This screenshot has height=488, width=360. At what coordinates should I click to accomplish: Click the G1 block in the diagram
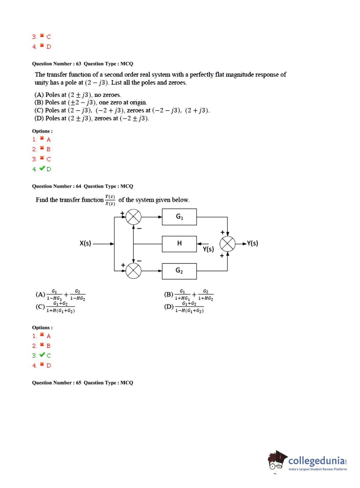coord(179,217)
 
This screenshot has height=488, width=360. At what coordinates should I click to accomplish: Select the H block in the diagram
coord(179,244)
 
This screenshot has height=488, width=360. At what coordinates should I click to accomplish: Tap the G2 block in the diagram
coord(179,271)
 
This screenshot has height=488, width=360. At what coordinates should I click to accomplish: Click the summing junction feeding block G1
coord(133,217)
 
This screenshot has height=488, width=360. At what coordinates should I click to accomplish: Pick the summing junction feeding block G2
coord(133,271)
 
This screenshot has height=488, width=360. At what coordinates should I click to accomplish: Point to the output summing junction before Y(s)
coord(227,244)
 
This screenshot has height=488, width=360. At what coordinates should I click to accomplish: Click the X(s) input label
coord(85,243)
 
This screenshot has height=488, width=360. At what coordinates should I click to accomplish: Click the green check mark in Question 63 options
coord(42,168)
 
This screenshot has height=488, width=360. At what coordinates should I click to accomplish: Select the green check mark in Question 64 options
coord(42,355)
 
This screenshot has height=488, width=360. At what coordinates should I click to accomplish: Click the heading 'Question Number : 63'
coord(56,64)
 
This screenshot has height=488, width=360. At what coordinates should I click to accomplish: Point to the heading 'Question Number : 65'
coord(56,383)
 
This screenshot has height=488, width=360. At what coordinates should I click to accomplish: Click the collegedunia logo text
coord(316,460)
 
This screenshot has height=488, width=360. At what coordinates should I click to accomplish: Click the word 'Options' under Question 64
coord(42,327)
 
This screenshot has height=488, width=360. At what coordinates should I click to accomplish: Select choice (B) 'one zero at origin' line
coord(91,103)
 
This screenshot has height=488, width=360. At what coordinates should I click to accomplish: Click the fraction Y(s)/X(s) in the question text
coord(110,200)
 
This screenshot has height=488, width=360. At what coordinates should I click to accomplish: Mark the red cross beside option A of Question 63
coord(42,139)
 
